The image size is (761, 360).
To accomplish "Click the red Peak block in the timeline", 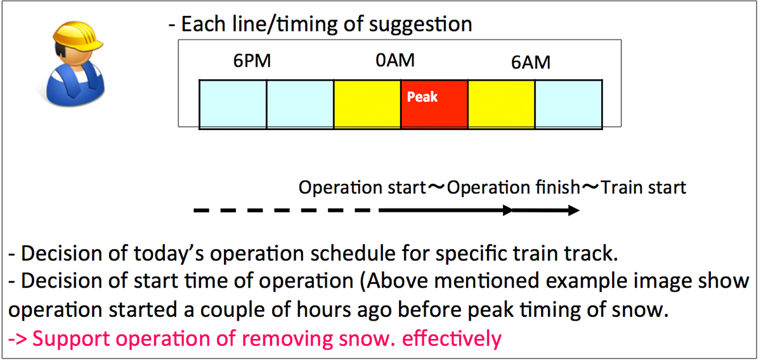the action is point(434,105).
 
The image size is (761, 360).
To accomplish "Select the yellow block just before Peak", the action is point(367,105).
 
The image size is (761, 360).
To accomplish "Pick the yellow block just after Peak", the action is point(502,105).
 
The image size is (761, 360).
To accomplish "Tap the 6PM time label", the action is point(252,61).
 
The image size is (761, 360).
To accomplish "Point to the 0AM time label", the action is point(395,60).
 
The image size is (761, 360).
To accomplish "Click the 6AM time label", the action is point(531,63).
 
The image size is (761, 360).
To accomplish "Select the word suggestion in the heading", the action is point(420,25).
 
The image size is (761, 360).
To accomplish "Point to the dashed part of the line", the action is point(282,210).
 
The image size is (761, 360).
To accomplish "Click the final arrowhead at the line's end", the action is point(574,210).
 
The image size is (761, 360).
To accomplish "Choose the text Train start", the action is point(644,188).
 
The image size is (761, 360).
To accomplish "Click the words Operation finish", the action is point(513,188).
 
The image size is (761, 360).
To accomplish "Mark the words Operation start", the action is point(362,188).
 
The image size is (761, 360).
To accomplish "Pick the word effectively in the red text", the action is point(452,339).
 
